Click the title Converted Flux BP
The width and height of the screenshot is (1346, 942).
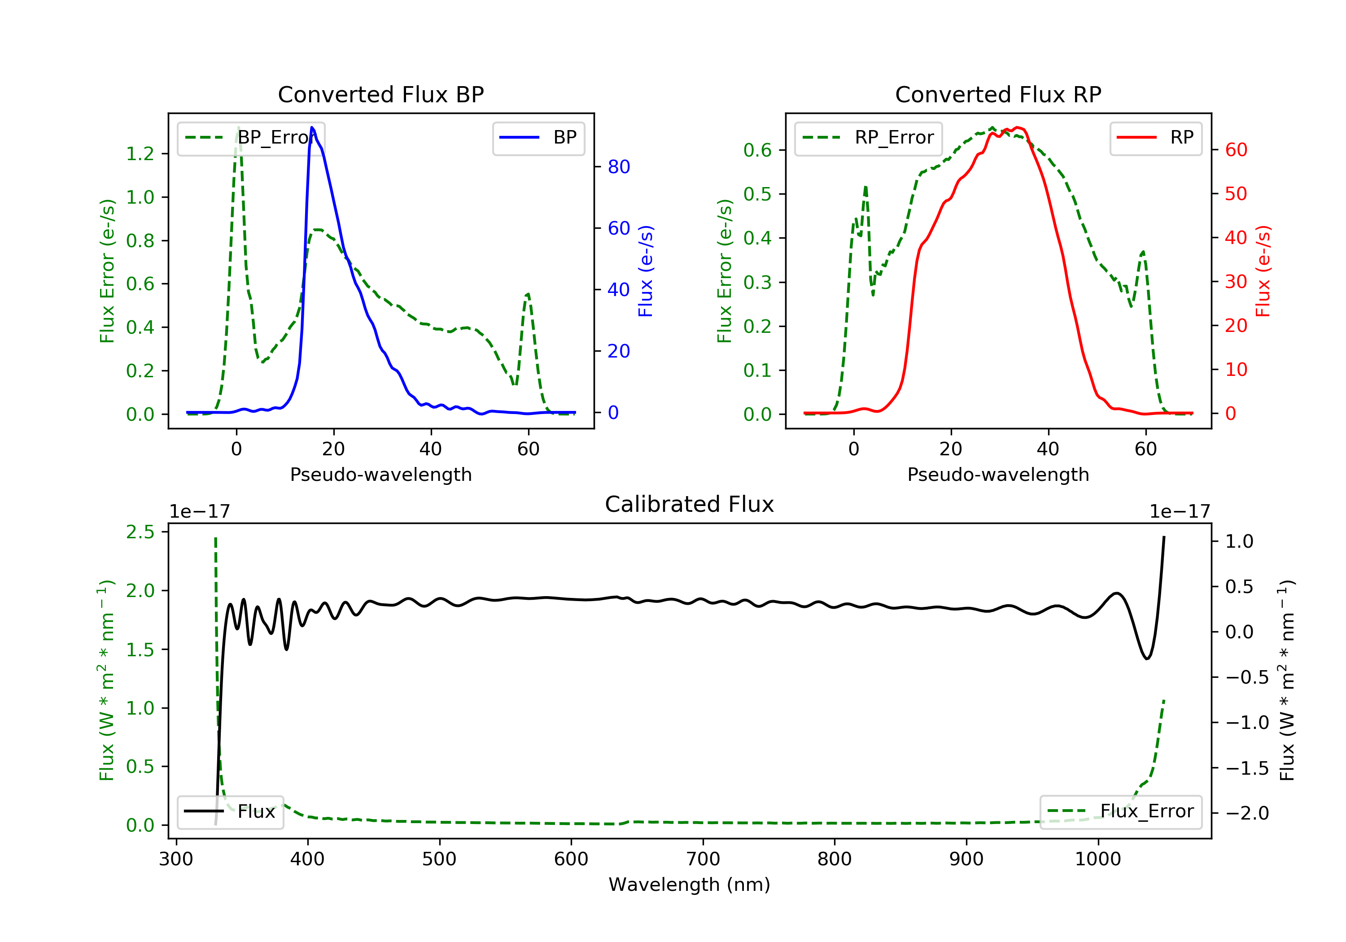click(380, 94)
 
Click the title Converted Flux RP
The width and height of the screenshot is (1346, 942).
click(998, 94)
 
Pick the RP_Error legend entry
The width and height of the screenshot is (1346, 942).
click(868, 138)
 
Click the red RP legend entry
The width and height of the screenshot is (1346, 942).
click(1155, 138)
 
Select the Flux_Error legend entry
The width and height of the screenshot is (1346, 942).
click(1120, 811)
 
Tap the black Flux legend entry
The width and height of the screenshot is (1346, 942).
click(230, 811)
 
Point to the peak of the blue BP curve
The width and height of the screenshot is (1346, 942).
click(312, 127)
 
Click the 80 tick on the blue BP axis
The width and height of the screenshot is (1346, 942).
click(618, 167)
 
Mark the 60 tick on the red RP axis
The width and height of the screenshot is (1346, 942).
click(1236, 150)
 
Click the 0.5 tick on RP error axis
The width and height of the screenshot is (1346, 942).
click(757, 194)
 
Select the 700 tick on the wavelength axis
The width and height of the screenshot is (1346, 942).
click(703, 859)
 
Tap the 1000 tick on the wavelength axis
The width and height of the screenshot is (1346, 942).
click(1097, 859)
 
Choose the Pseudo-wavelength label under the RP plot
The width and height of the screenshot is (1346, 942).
click(998, 474)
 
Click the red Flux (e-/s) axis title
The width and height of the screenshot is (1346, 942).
click(1263, 271)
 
